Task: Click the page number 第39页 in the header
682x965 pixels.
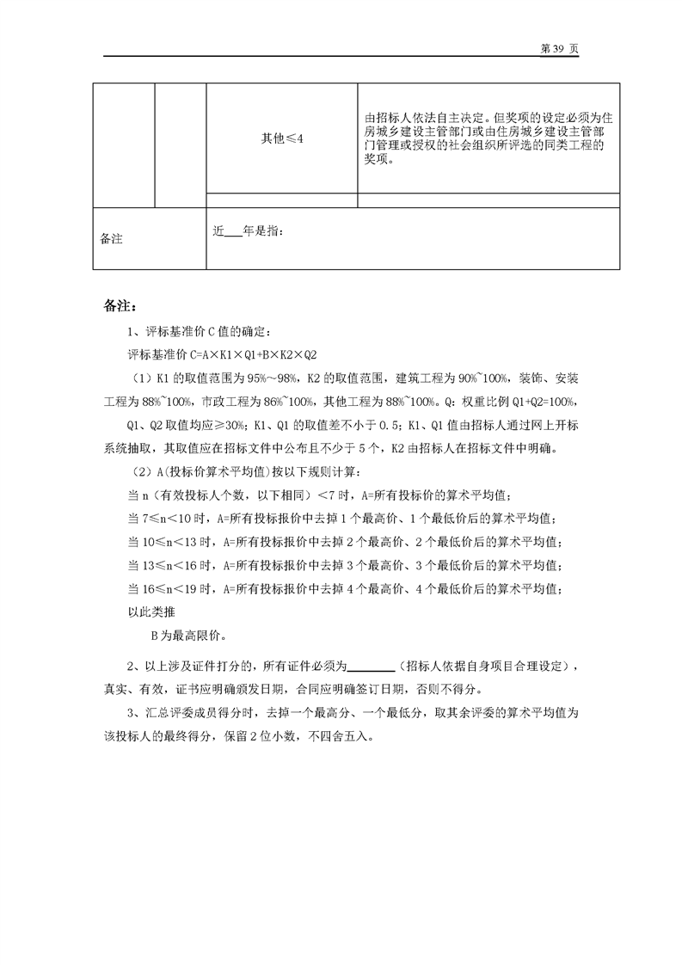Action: pyautogui.click(x=558, y=48)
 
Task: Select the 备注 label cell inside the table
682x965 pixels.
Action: pyautogui.click(x=112, y=239)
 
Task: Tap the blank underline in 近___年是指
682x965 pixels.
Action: pyautogui.click(x=233, y=231)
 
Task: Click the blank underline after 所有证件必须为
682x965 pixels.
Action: pyautogui.click(x=372, y=666)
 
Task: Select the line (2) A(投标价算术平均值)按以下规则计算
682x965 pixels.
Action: pyautogui.click(x=249, y=472)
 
